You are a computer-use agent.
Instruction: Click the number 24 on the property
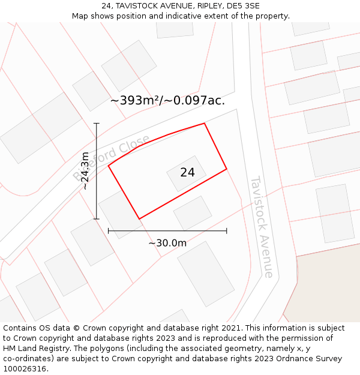click(x=187, y=172)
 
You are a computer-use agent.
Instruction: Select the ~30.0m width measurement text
click(x=167, y=243)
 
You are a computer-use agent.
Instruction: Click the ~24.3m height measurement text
click(x=85, y=171)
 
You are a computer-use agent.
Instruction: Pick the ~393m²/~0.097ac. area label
click(x=167, y=100)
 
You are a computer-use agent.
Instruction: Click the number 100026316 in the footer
click(x=25, y=369)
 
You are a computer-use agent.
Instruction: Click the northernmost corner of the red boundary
click(x=205, y=124)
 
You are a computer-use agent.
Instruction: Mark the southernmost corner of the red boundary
click(x=139, y=219)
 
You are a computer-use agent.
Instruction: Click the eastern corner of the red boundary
click(x=226, y=169)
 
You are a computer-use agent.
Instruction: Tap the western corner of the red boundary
click(x=109, y=166)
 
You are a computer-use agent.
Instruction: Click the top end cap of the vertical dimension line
click(x=97, y=123)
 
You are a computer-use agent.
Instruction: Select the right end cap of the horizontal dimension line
click(x=226, y=230)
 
